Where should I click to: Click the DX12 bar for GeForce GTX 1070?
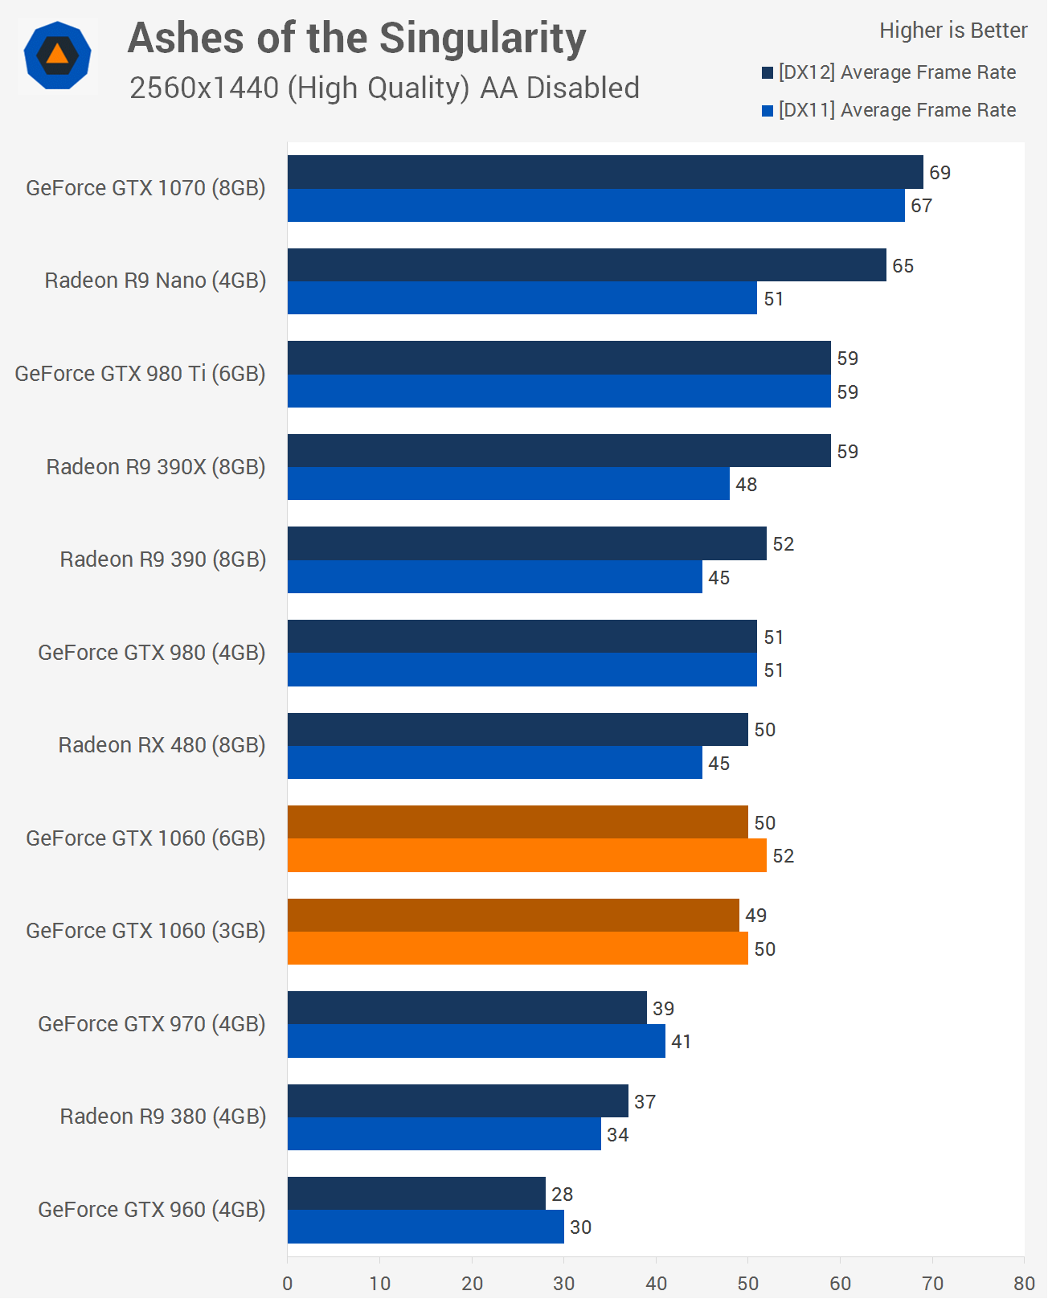tap(605, 172)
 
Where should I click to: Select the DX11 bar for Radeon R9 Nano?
tap(522, 298)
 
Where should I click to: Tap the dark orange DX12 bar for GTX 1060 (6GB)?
tap(518, 822)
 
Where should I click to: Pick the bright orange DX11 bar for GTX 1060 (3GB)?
tap(518, 949)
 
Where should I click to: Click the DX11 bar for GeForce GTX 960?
tap(426, 1227)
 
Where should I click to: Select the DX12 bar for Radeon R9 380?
tap(458, 1101)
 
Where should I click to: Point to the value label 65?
tap(903, 266)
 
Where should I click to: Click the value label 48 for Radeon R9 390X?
tap(746, 485)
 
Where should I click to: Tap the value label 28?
tap(562, 1195)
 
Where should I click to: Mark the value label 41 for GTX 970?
tap(681, 1042)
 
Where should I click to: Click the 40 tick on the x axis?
tap(656, 1283)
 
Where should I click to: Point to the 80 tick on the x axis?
tap(1024, 1283)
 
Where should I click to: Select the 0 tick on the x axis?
tap(288, 1283)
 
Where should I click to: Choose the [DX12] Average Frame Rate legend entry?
tap(889, 72)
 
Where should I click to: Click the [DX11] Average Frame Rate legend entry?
tap(889, 110)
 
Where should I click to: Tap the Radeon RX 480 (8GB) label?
tap(162, 745)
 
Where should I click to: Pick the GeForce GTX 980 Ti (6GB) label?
tap(140, 374)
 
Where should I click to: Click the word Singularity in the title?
tap(482, 39)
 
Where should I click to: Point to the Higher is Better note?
tap(953, 31)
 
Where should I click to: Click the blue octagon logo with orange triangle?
tap(57, 55)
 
